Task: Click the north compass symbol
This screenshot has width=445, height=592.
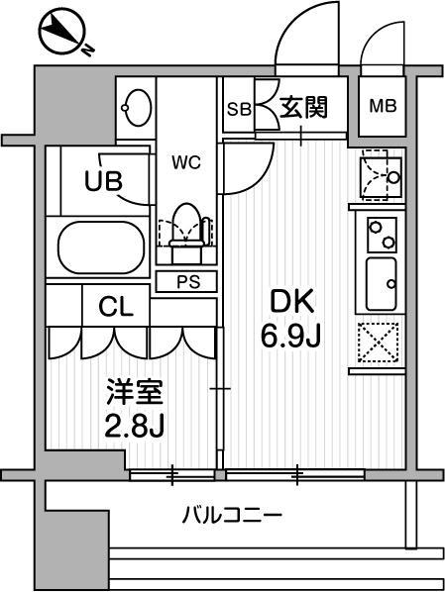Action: pyautogui.click(x=61, y=34)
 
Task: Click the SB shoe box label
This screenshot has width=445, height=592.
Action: pyautogui.click(x=239, y=108)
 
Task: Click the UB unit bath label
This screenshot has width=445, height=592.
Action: pyautogui.click(x=103, y=181)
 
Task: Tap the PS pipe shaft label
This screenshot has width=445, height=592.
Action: pyautogui.click(x=187, y=281)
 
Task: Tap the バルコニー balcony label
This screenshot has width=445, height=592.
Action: pyautogui.click(x=232, y=516)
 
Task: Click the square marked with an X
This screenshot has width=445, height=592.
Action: pyautogui.click(x=379, y=345)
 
